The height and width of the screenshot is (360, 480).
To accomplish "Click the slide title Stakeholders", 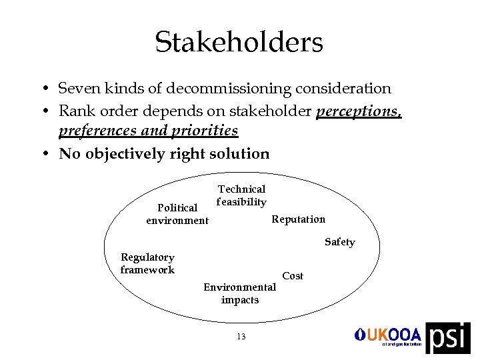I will click(x=239, y=42).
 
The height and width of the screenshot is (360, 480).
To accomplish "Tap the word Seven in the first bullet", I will click(x=77, y=89).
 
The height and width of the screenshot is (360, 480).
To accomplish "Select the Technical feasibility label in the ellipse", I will click(x=241, y=195).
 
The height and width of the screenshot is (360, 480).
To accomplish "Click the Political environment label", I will click(x=177, y=214).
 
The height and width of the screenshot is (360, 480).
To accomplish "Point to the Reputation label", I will click(x=299, y=219).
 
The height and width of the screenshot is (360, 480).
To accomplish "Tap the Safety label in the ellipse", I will click(x=339, y=242).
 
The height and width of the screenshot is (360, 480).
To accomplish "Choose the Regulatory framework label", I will click(x=147, y=263).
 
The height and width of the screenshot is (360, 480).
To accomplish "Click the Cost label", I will click(x=293, y=275).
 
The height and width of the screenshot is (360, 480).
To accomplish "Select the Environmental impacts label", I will click(x=239, y=293).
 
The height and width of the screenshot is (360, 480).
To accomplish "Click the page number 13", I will click(x=241, y=337).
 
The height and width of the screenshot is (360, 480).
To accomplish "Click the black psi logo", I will click(x=447, y=337).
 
